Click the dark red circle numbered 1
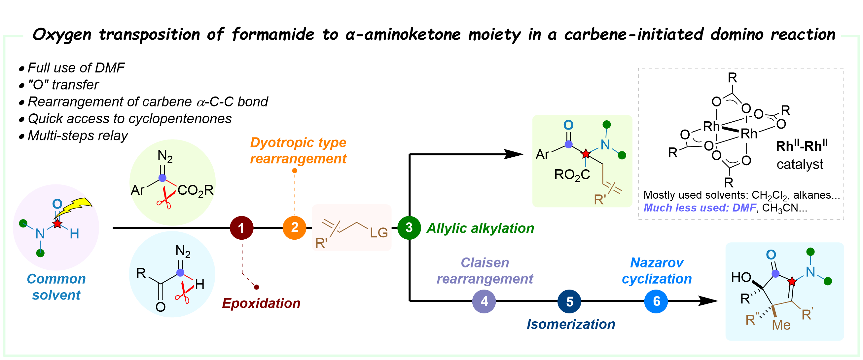241,228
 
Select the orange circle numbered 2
295,227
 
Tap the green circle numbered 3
409,227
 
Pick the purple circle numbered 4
484,301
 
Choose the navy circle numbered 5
569,301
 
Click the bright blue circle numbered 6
656,301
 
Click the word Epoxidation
261,303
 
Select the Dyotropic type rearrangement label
298,150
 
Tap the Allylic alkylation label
480,228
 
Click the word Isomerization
571,324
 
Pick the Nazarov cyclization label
657,271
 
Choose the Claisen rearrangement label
485,271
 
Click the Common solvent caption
56,287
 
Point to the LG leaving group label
378,233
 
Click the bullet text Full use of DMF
76,68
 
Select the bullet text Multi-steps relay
77,136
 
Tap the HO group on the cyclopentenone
741,277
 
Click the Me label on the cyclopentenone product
781,325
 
